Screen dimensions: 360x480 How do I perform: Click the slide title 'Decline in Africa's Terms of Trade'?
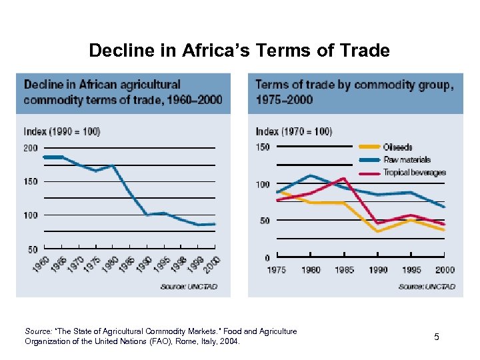pos(239,51)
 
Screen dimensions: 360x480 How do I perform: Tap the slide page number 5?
pos(437,337)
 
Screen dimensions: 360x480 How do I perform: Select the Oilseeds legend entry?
pos(397,147)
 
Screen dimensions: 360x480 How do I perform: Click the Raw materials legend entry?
pos(407,159)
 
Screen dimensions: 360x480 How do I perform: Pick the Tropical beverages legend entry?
pos(414,173)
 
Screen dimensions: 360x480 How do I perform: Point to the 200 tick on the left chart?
pos(31,148)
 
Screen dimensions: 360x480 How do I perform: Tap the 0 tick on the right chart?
pos(267,257)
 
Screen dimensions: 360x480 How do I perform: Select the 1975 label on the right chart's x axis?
pos(276,270)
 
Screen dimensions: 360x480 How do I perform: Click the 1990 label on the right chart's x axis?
pos(377,270)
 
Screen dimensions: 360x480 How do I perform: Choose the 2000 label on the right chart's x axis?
pos(445,270)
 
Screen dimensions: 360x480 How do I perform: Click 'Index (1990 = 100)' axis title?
pos(62,131)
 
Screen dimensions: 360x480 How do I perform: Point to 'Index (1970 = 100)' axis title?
pos(294,131)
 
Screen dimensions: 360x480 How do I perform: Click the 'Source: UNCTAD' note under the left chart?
pos(189,287)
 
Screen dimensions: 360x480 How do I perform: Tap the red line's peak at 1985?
pos(343,179)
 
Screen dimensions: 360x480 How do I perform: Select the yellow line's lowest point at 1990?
pos(377,231)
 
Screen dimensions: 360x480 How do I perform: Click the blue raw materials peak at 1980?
pos(310,175)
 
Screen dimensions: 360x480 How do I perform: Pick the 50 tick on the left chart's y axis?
pos(33,249)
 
